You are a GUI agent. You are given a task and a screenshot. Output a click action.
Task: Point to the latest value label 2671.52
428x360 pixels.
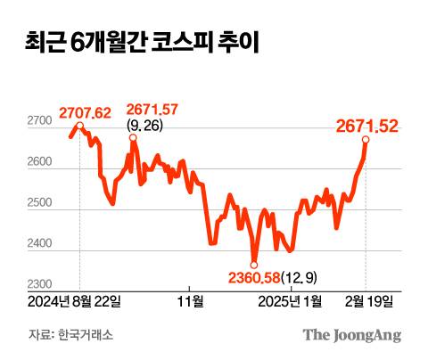point(366,127)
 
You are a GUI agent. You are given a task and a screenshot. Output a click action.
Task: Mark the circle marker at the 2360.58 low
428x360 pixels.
point(253,264)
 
